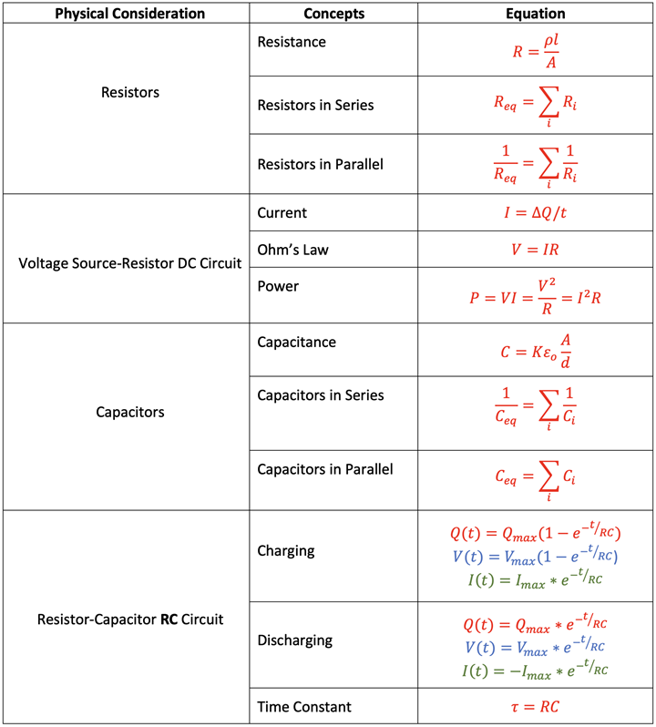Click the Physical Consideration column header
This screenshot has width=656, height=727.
(129, 14)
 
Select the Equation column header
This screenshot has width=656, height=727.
(536, 14)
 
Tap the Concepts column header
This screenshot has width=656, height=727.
(333, 14)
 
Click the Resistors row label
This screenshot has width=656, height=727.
(130, 92)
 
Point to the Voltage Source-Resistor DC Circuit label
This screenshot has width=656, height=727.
(129, 263)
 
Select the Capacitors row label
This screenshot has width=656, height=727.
(130, 412)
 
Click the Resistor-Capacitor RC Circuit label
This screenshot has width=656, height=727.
(130, 619)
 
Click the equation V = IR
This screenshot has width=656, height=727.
(535, 250)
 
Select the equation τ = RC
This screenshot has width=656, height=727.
(535, 707)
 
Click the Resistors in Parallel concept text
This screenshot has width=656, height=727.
(321, 164)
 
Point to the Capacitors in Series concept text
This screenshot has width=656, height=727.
(321, 395)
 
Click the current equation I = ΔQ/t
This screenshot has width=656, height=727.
(536, 212)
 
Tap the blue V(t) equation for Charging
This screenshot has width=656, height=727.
(535, 556)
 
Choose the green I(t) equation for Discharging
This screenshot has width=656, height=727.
(535, 670)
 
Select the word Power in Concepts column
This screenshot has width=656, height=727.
(278, 286)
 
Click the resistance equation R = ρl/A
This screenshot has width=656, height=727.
(536, 51)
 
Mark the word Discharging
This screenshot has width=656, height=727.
(295, 640)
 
